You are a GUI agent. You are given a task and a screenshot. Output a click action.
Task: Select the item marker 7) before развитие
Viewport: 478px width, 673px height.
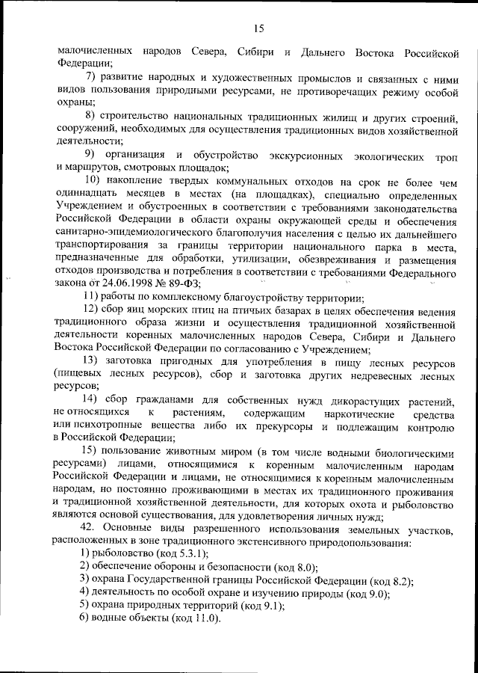click(x=89, y=76)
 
